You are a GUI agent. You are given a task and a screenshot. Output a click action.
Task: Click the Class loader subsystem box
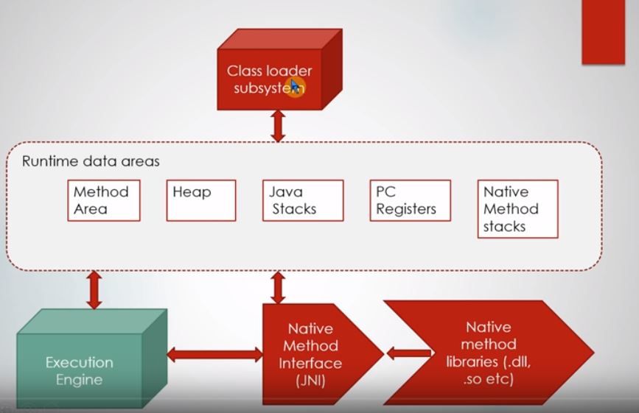click(269, 80)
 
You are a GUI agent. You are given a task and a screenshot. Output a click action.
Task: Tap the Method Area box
click(103, 200)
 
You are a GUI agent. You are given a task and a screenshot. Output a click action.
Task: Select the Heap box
click(200, 200)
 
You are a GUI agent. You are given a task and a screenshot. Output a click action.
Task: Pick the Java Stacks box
click(303, 200)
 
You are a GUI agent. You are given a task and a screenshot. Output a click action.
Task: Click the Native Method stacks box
click(517, 208)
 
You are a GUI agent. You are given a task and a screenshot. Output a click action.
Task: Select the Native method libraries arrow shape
click(489, 353)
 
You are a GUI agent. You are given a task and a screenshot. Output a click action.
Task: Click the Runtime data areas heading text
click(91, 161)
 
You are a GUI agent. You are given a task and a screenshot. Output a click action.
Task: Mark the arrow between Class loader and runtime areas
click(278, 126)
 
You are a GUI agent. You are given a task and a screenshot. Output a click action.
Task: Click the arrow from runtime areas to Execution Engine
click(94, 289)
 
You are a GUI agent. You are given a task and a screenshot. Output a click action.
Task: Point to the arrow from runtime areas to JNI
click(278, 287)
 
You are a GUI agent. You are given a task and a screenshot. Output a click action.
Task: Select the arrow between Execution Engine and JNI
click(214, 355)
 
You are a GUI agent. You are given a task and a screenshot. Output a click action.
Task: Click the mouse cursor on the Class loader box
click(295, 86)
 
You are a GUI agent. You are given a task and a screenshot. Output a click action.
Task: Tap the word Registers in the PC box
click(406, 209)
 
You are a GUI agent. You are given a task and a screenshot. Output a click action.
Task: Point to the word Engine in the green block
click(79, 380)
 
